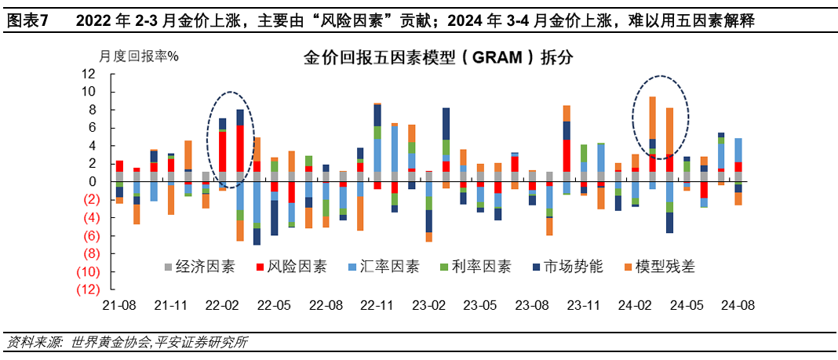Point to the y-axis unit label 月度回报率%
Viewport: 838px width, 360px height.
pos(139,56)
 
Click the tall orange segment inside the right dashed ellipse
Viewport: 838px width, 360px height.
pos(652,118)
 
